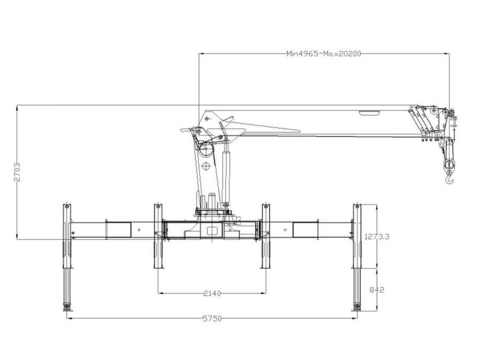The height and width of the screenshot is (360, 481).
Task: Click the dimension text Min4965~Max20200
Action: pos(324,53)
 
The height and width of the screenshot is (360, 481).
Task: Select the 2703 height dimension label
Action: pos(17,173)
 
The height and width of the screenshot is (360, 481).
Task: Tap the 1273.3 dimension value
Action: pos(377,237)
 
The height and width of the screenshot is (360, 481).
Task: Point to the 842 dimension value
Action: pos(377,289)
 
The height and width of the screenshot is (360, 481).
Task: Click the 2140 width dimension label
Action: pos(212,293)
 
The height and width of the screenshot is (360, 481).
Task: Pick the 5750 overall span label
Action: pos(212,318)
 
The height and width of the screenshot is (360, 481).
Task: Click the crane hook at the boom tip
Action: pos(449,179)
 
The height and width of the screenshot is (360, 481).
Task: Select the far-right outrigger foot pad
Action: pos(356,307)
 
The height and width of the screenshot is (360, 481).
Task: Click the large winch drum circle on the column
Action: pos(205,152)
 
